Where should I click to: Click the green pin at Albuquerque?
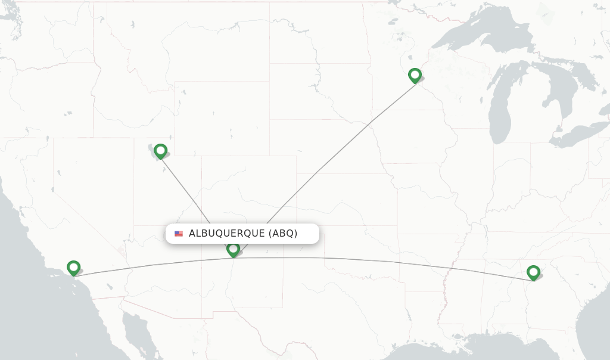point(234,249)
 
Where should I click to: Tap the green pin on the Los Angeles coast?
point(74,268)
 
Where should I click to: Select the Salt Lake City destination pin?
point(160,151)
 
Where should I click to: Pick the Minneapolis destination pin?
point(415,75)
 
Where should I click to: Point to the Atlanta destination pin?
point(533,272)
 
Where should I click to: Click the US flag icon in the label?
point(179,234)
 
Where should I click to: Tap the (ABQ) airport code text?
point(283,234)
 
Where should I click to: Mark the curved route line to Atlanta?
point(387,262)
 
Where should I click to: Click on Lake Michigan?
point(499,107)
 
